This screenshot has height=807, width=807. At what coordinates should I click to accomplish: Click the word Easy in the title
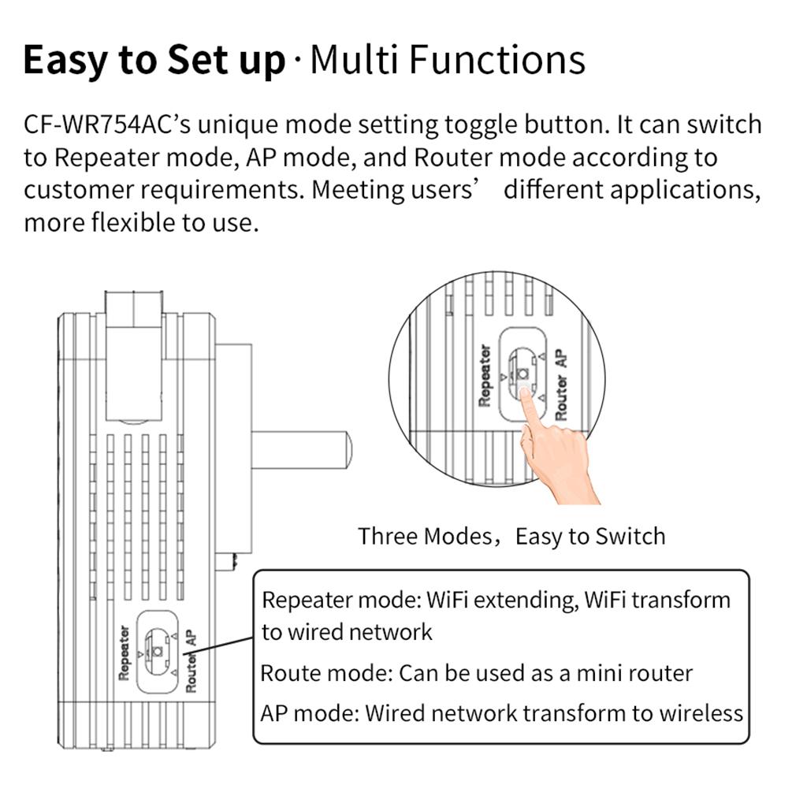point(65,61)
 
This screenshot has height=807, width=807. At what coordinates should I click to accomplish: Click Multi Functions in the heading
point(448,60)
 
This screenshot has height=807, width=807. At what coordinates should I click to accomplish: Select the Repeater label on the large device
point(124,653)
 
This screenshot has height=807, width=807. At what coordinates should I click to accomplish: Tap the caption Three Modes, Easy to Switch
point(511,536)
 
